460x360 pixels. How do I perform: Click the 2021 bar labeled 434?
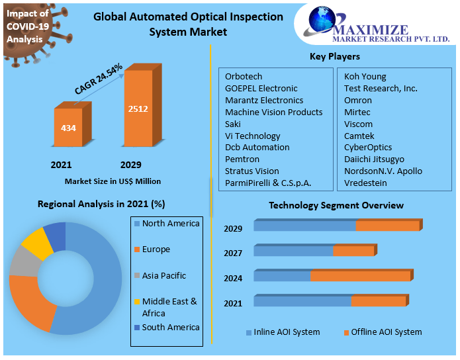click(68, 127)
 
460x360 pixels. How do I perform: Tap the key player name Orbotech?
click(244, 77)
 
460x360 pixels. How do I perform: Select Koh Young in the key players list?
click(365, 77)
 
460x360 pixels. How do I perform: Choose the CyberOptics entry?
click(368, 148)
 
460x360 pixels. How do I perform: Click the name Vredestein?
click(366, 183)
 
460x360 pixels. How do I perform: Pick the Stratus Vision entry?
click(252, 171)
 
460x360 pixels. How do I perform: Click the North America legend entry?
click(170, 224)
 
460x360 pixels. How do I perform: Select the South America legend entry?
click(170, 328)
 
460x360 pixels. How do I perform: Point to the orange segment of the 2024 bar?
click(361, 277)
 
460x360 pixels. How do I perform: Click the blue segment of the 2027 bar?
click(293, 251)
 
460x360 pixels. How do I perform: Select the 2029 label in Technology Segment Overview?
click(233, 229)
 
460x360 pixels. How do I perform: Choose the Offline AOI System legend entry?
click(386, 332)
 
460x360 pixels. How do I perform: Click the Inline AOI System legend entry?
click(286, 332)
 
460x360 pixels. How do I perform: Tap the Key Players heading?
click(335, 57)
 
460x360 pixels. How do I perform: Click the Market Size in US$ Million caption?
click(113, 181)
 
